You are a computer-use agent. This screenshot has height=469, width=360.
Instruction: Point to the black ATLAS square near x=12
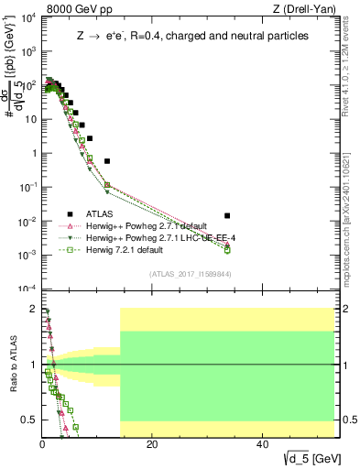tap(107, 161)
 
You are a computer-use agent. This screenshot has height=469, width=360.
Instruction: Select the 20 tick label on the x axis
tap(152, 444)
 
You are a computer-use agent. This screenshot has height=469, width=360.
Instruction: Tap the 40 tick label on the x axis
tap(262, 444)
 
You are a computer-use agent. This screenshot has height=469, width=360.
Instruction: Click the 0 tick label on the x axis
tap(42, 444)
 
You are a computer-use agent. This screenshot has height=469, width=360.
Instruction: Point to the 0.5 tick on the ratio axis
tap(29, 420)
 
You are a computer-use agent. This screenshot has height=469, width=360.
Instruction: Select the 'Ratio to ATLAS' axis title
tap(10, 365)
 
